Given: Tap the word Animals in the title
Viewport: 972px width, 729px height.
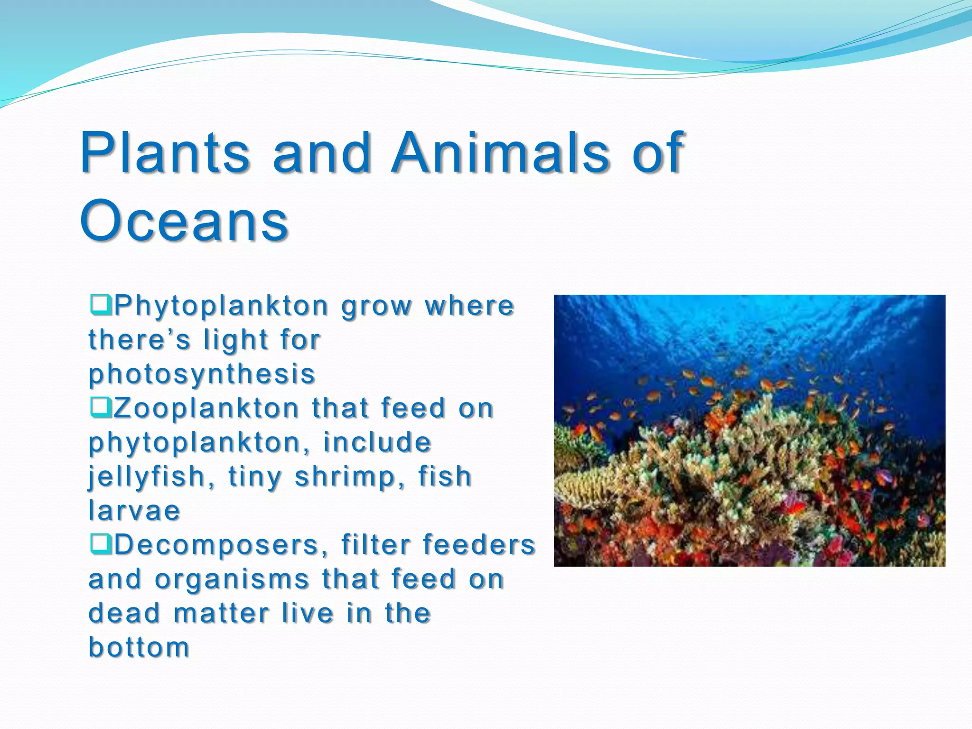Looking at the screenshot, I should coord(500,153).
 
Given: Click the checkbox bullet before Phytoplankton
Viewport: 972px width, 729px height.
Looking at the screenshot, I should coord(100,304).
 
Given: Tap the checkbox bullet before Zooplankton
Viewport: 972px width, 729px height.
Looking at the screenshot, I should coord(100,407).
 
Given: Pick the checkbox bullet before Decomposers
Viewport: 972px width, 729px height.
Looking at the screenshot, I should coord(100,543).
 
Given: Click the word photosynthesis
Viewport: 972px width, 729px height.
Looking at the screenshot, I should coord(202,374).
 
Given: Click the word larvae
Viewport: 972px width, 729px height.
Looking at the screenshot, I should coord(135,511).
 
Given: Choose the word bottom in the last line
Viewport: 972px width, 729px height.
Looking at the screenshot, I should coord(140,647).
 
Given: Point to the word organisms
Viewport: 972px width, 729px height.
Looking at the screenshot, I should coord(232,579).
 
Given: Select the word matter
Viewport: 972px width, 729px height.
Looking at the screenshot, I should coord(221,613).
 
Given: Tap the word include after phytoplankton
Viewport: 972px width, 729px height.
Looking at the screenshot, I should coord(377,442).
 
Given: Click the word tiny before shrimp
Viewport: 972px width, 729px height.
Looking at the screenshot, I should coord(255,477).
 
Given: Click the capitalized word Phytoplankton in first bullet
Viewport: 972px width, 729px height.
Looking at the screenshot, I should coord(222,306).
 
